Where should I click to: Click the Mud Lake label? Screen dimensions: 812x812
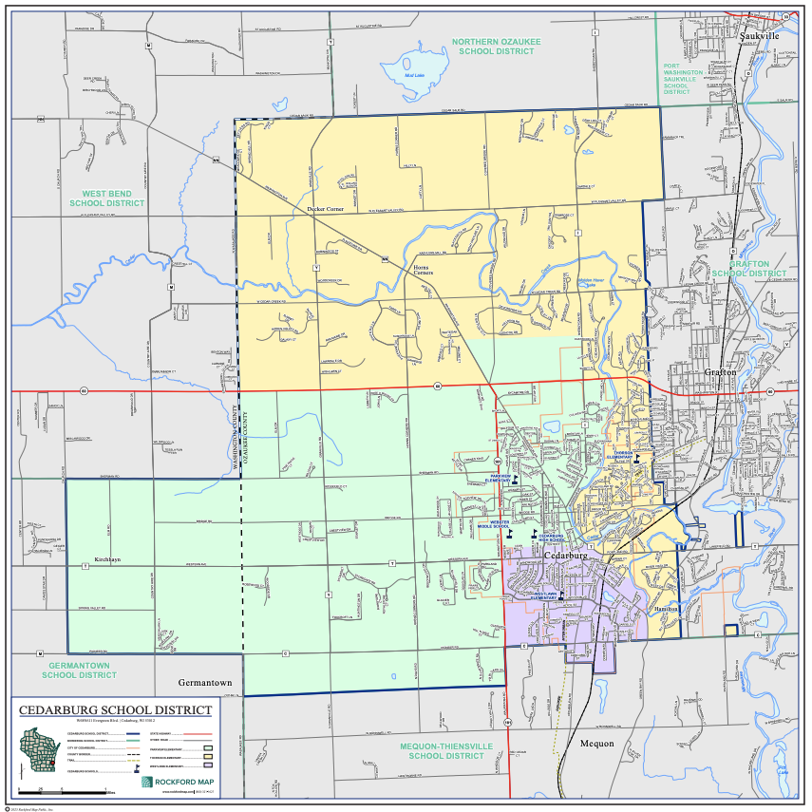(415, 75)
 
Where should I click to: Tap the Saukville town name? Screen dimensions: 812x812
(759, 35)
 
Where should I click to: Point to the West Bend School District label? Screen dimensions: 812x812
(106, 198)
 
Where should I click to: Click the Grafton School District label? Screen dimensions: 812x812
(750, 268)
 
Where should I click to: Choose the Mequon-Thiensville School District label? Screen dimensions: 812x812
(446, 750)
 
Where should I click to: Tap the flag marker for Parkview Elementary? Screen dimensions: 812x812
(515, 482)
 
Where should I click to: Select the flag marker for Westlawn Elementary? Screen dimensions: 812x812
(561, 597)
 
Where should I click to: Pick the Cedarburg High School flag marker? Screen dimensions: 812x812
(534, 534)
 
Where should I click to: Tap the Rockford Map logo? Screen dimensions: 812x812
(177, 781)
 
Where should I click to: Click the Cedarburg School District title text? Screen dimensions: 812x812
(115, 710)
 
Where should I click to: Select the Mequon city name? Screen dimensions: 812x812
(597, 744)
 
